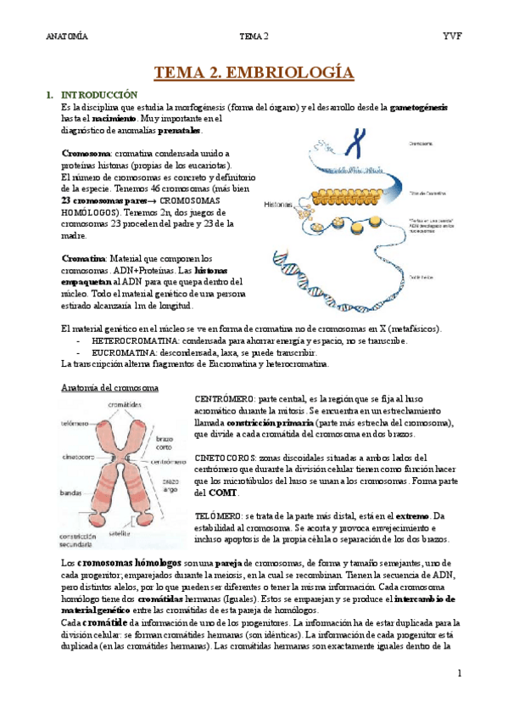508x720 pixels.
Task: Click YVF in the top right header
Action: (451, 37)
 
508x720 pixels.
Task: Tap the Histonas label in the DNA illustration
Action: (279, 205)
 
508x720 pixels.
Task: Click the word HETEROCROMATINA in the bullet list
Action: (131, 340)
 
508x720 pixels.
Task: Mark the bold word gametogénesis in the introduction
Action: (419, 108)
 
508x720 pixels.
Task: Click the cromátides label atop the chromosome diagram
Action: (125, 405)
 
